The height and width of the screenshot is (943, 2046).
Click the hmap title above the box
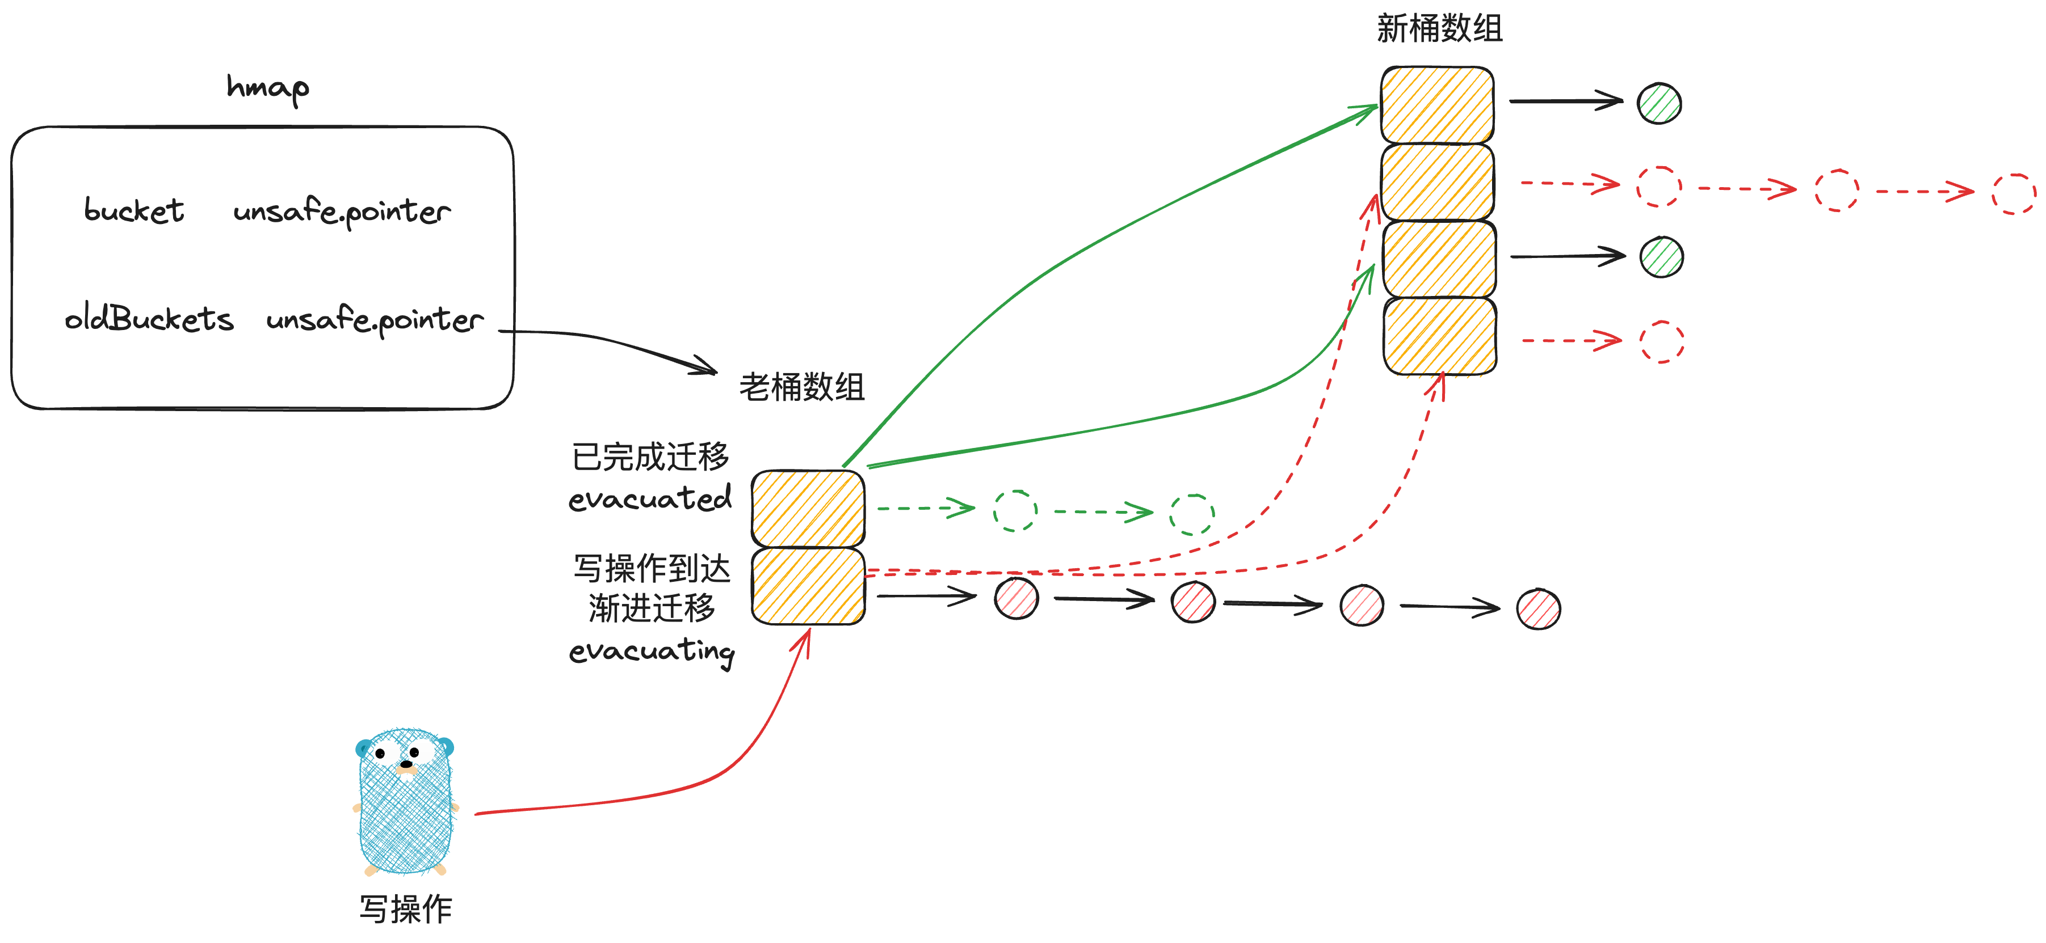pos(268,87)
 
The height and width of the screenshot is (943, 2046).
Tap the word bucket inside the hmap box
pos(135,210)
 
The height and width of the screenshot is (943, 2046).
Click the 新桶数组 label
pos(1439,28)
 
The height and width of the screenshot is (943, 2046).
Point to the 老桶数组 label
pos(801,387)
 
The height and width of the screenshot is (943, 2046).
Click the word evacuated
pos(650,498)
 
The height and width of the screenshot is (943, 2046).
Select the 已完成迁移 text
pos(650,456)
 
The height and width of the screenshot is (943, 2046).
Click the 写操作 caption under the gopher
pos(406,909)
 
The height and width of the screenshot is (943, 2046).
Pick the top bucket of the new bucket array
pos(1437,105)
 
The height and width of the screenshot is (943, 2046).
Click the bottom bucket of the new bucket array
pos(1440,336)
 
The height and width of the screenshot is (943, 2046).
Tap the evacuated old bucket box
pos(808,509)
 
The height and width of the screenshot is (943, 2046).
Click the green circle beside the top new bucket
pos(1659,103)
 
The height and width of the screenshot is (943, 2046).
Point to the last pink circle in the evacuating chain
pos(1539,609)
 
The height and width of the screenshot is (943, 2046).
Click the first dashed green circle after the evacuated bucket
pos(1016,510)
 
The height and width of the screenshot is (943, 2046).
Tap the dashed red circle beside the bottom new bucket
pos(1662,342)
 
